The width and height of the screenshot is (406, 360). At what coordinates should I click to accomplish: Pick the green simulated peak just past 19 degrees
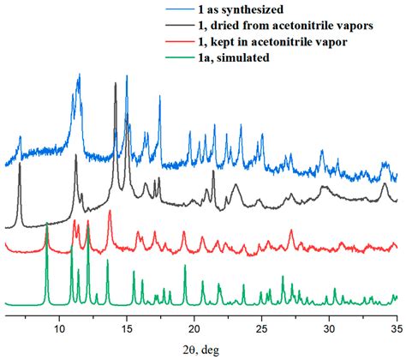185,267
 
